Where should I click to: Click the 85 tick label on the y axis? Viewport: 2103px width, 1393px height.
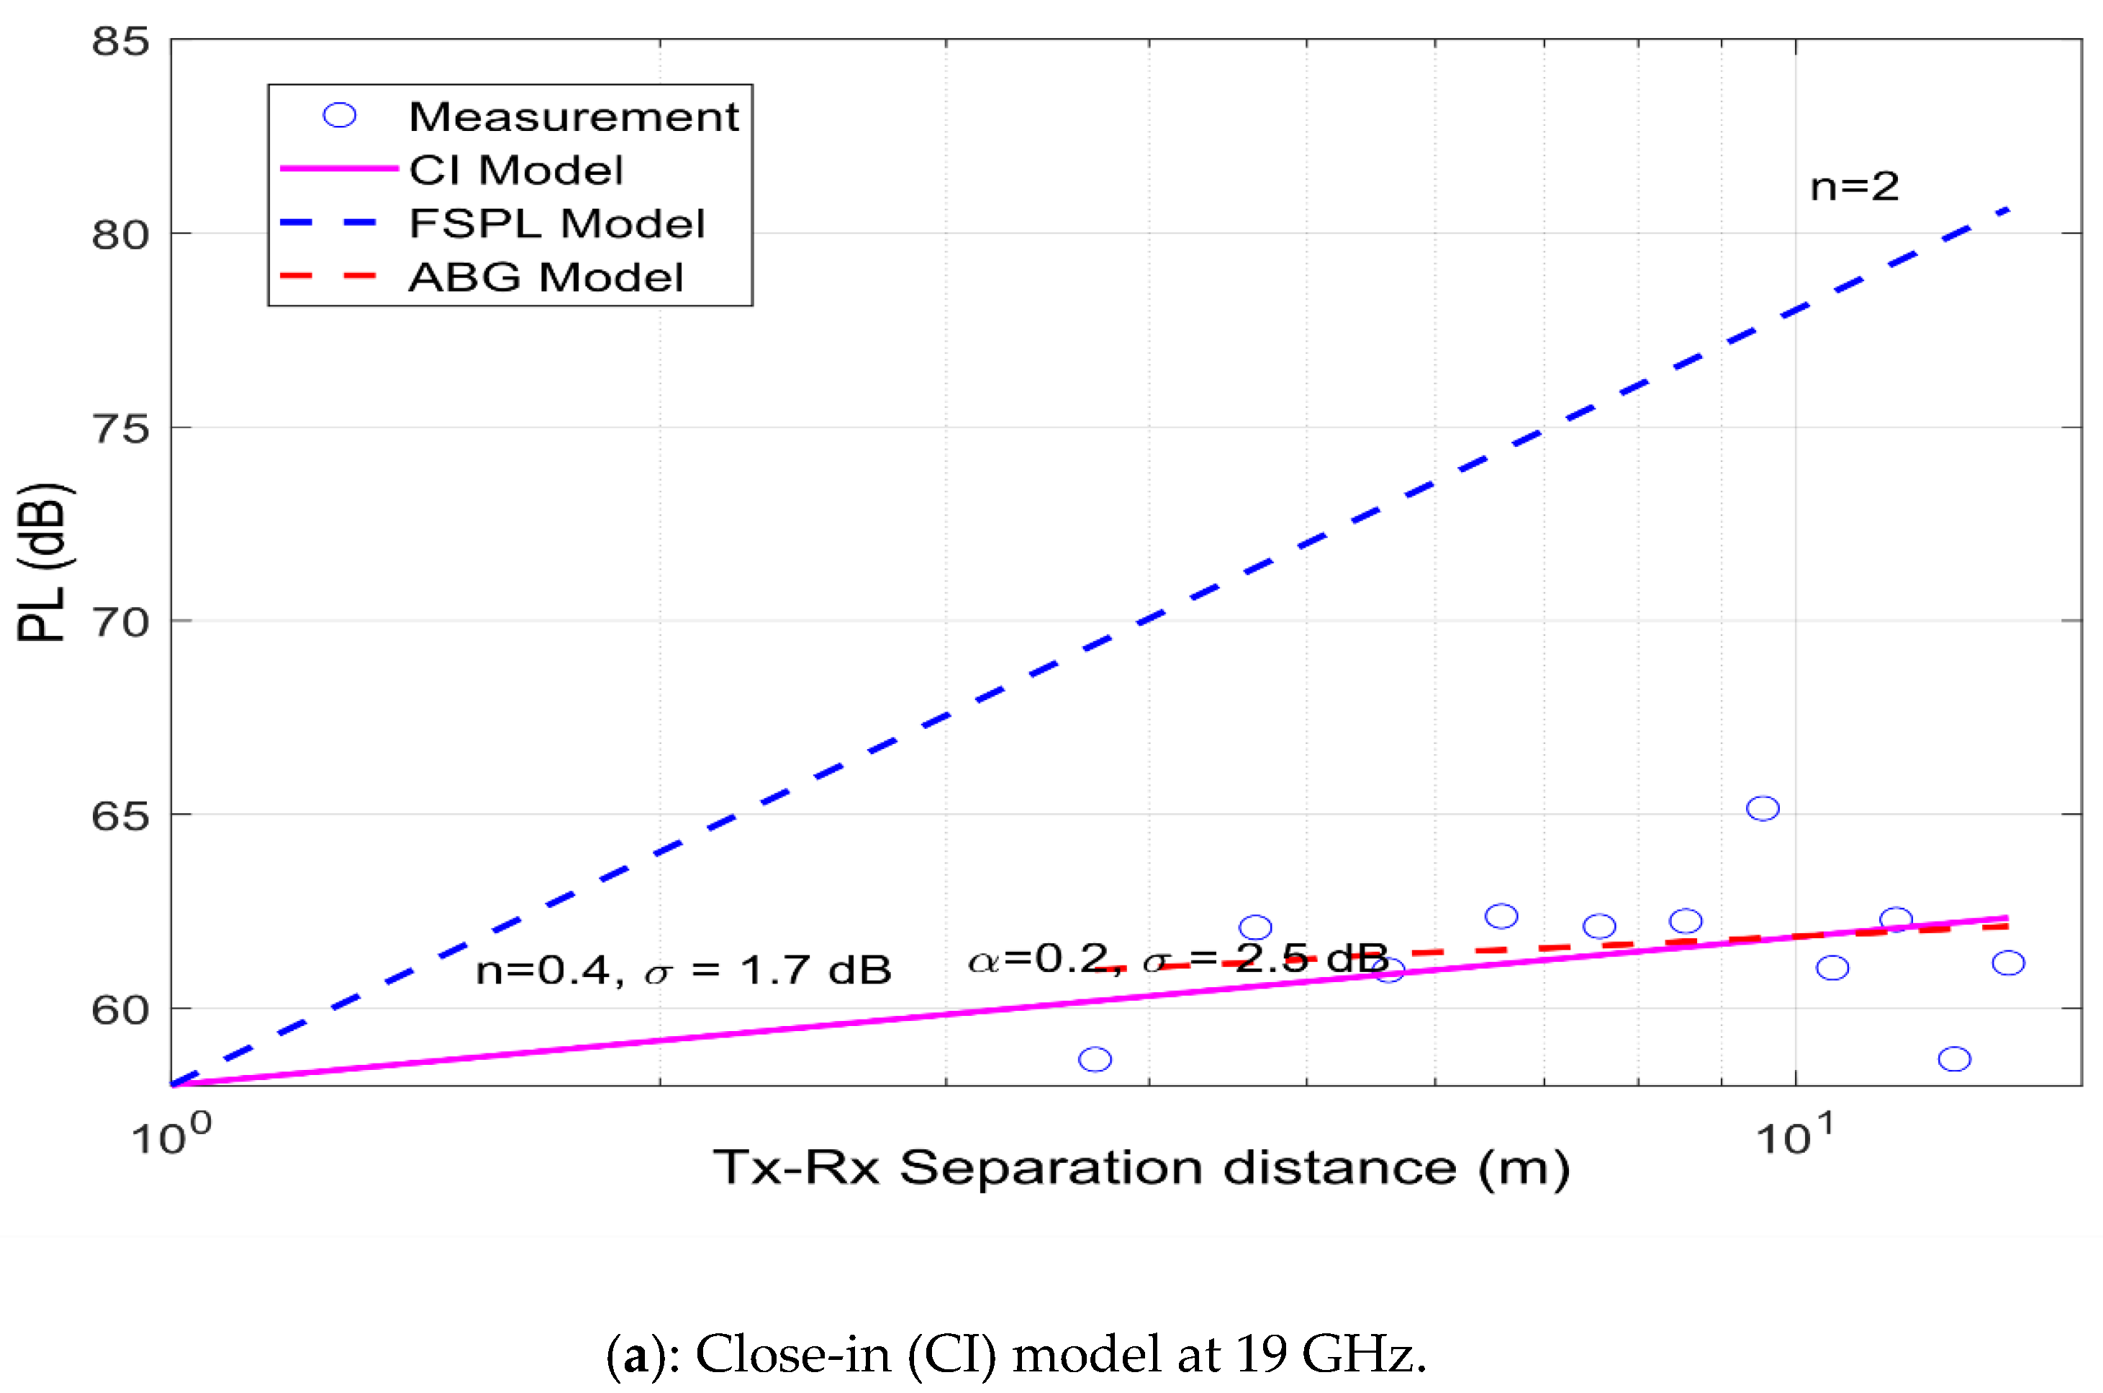[x=120, y=42]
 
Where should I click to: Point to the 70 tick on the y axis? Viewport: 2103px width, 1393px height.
[x=120, y=623]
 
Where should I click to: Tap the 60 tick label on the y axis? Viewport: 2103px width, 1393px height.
[x=120, y=1010]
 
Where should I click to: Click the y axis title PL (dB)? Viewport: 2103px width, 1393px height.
[x=42, y=563]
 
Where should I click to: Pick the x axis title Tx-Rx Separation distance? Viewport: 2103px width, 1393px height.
[x=1141, y=1167]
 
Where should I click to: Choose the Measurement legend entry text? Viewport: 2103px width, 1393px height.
[x=573, y=117]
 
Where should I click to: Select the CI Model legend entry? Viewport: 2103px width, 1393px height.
[x=515, y=170]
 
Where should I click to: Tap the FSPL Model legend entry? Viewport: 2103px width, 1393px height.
[x=556, y=223]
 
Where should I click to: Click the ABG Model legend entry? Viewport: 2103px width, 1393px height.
[x=546, y=277]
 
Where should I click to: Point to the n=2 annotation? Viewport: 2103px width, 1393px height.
[x=1854, y=186]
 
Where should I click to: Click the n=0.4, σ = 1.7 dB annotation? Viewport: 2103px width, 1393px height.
[x=682, y=969]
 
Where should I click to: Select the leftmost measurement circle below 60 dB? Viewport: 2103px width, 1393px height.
[x=1095, y=1059]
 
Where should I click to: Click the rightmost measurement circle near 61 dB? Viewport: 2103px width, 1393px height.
[x=2008, y=963]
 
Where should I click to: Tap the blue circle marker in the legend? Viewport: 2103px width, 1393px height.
[x=340, y=116]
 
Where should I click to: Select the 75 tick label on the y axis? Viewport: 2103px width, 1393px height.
[x=120, y=429]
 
